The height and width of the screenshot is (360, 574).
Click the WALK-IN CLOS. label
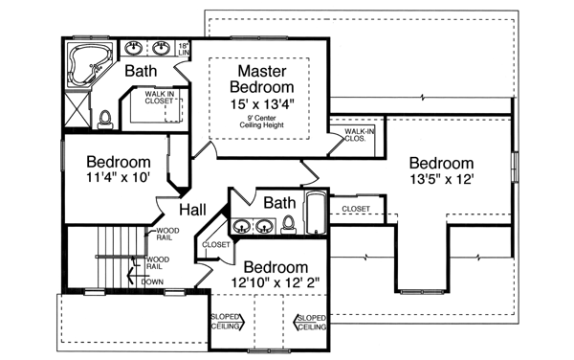359,134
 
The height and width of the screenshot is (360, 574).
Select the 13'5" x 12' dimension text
442,179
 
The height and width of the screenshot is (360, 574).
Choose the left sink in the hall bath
243,227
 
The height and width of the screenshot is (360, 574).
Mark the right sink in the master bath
162,48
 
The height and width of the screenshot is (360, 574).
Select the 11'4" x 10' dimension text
120,178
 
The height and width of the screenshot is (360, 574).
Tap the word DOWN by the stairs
151,281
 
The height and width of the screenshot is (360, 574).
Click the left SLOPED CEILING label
226,323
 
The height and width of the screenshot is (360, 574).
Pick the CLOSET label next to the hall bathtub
355,208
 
